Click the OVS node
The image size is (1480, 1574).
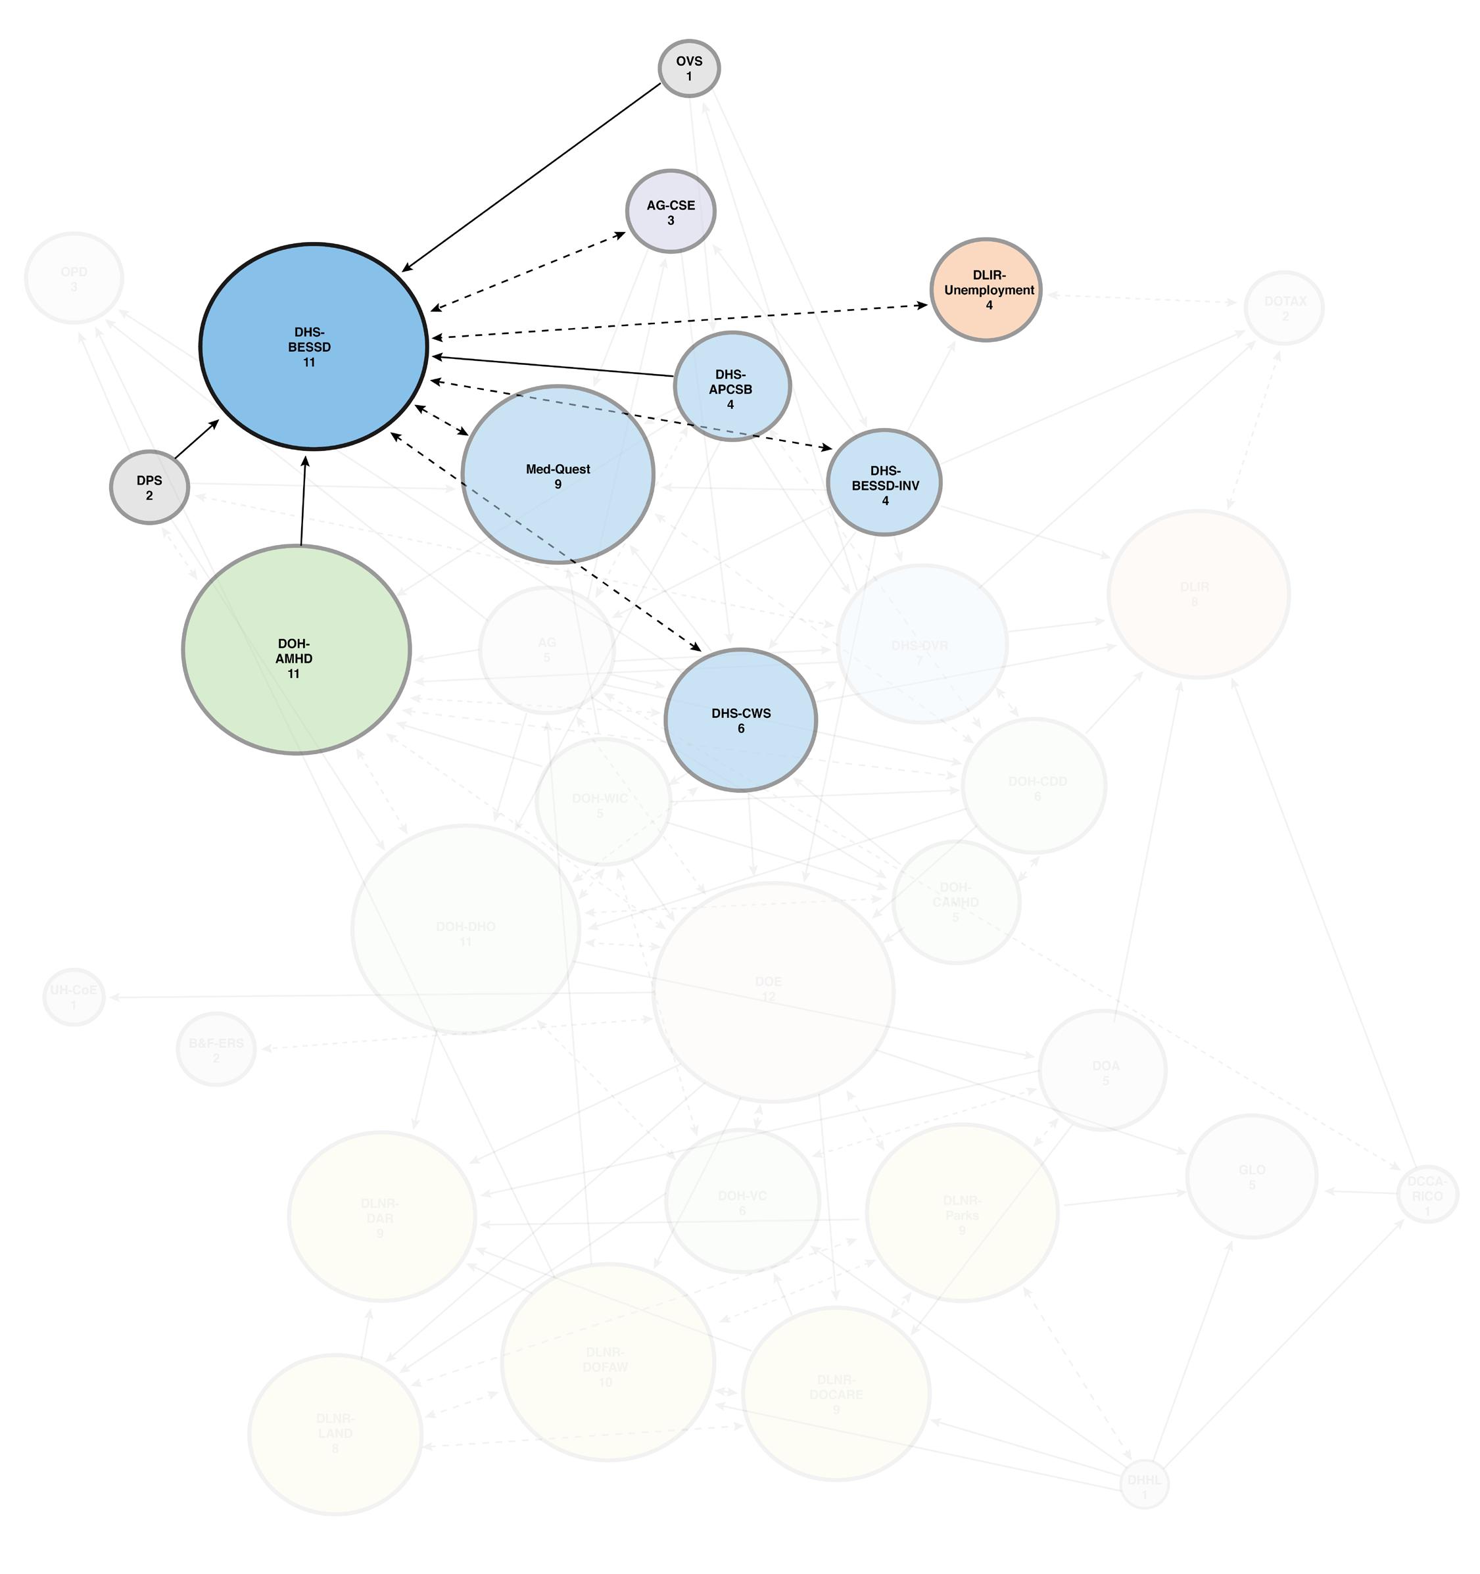click(x=689, y=68)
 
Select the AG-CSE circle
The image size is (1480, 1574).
click(x=671, y=212)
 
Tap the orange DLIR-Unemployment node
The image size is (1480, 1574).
click(x=985, y=290)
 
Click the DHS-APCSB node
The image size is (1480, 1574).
click(x=732, y=387)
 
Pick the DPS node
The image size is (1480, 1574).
click(x=149, y=487)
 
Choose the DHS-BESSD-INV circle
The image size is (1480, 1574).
click(x=884, y=483)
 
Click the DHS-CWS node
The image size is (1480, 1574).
click(x=740, y=720)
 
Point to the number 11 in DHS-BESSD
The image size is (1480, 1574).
click(x=309, y=363)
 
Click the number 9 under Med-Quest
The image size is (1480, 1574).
click(x=558, y=485)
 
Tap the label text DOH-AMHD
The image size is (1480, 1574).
click(x=294, y=651)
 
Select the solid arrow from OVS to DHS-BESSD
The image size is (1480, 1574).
click(x=531, y=178)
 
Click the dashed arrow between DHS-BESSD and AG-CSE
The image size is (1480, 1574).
click(x=528, y=271)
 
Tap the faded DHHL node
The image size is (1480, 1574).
click(x=1144, y=1485)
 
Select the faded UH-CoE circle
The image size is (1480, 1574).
click(x=74, y=997)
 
